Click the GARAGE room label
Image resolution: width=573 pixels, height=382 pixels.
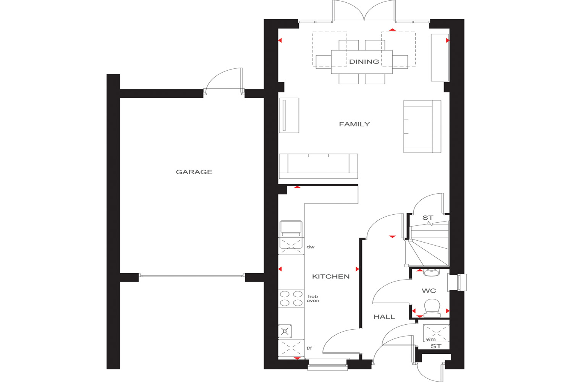point(194,172)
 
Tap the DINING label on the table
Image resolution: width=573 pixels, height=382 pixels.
point(364,62)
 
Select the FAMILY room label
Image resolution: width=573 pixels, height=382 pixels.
point(354,124)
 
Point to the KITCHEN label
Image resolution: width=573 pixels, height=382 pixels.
point(331,276)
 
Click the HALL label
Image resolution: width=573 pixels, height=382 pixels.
point(384,317)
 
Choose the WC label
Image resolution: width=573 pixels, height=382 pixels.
point(429,291)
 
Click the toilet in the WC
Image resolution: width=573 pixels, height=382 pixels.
point(432,308)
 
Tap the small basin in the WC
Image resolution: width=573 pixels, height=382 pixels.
point(431,272)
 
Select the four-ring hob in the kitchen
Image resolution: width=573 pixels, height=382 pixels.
point(291,298)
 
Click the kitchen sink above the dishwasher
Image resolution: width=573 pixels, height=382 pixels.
point(291,229)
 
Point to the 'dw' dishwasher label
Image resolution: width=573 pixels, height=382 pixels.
point(310,247)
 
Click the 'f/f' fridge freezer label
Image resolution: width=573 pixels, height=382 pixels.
point(309,348)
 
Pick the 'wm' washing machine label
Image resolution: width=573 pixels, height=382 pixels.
point(431,340)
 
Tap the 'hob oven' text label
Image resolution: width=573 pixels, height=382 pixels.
point(313,299)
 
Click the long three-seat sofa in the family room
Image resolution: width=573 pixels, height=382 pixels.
point(318,166)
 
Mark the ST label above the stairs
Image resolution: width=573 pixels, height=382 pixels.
point(428,218)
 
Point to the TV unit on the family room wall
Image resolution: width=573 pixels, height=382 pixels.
point(289,115)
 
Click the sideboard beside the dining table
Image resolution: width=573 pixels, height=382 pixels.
point(440,58)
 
